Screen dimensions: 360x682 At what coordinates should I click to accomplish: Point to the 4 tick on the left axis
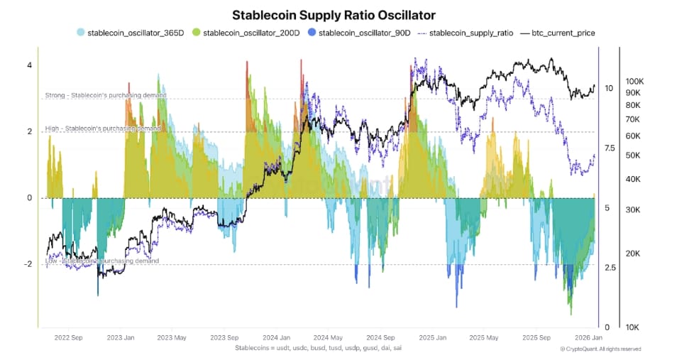29,65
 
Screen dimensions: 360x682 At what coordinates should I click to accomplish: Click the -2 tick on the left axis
27,264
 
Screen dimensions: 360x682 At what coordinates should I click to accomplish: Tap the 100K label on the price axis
634,82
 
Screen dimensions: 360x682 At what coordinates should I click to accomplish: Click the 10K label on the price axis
632,327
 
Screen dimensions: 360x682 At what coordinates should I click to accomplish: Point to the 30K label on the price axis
632,210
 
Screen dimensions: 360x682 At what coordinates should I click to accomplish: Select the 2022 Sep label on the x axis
68,338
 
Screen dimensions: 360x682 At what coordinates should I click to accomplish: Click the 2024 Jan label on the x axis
276,338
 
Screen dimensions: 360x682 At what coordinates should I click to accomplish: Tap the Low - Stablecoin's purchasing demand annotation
101,261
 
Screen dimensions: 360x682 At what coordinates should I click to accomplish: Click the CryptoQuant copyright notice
600,349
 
